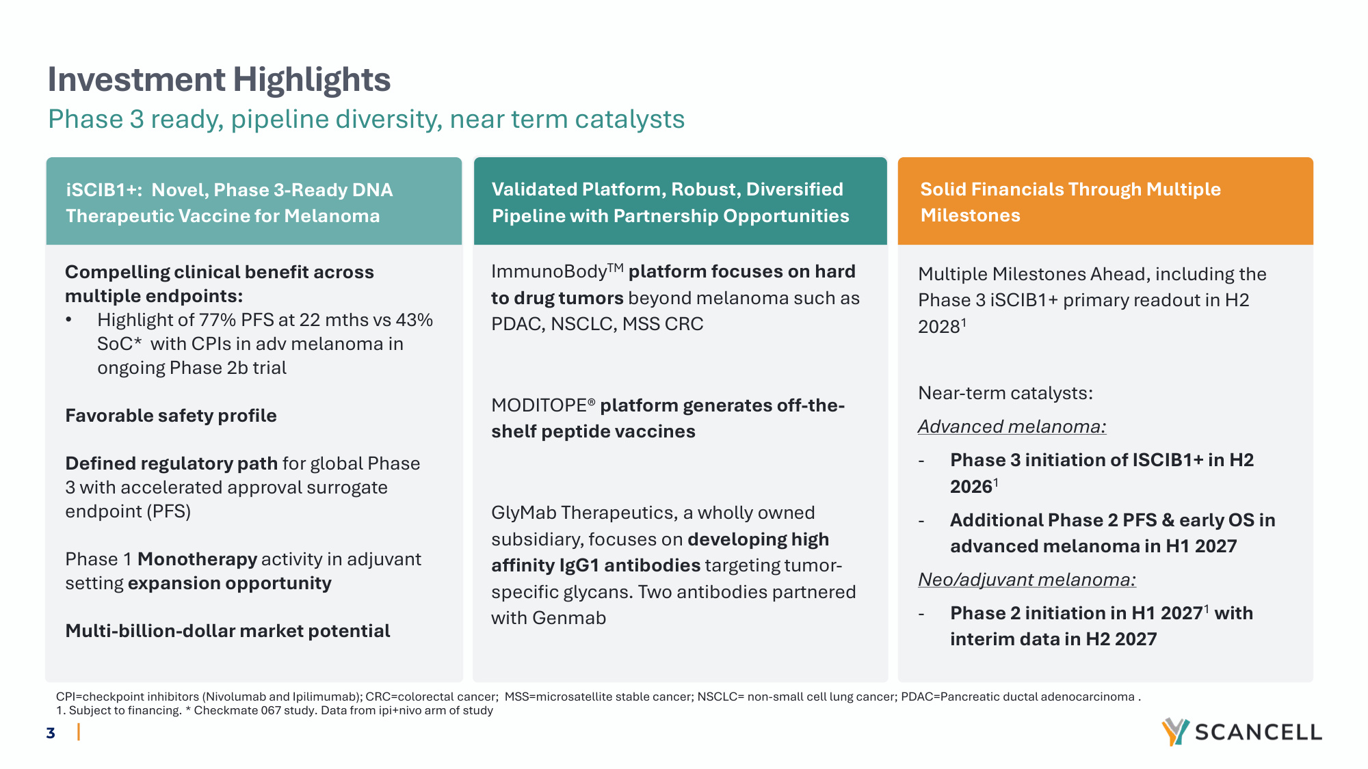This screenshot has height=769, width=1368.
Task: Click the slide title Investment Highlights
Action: [x=219, y=80]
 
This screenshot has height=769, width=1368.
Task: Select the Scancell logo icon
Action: [x=1175, y=731]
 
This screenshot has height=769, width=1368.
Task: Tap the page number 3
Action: [x=51, y=733]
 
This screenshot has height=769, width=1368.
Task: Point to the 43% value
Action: [x=414, y=320]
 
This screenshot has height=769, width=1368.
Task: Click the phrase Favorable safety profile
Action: [x=171, y=416]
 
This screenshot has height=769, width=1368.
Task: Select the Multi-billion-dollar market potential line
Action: [x=228, y=631]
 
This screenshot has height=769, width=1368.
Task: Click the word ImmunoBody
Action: [x=549, y=272]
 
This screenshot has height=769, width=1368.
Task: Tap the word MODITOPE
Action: [x=539, y=405]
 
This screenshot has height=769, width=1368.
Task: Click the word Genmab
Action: [x=569, y=618]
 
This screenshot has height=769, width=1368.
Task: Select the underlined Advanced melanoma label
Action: [x=1012, y=427]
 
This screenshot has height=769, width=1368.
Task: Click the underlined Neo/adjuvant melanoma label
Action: [x=1027, y=580]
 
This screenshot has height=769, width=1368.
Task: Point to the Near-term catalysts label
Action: [x=1005, y=393]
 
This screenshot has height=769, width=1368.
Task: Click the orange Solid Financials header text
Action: [x=1070, y=202]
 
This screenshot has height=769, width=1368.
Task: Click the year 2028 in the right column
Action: [x=939, y=327]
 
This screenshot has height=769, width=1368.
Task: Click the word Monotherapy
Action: [x=198, y=560]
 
